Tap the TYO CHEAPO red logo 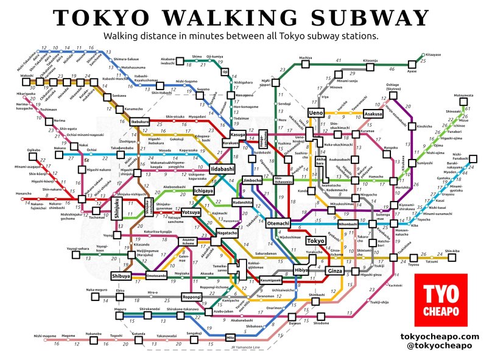440,299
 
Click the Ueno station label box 316,113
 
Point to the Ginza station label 336,270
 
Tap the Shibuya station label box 121,276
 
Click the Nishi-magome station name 45,336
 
